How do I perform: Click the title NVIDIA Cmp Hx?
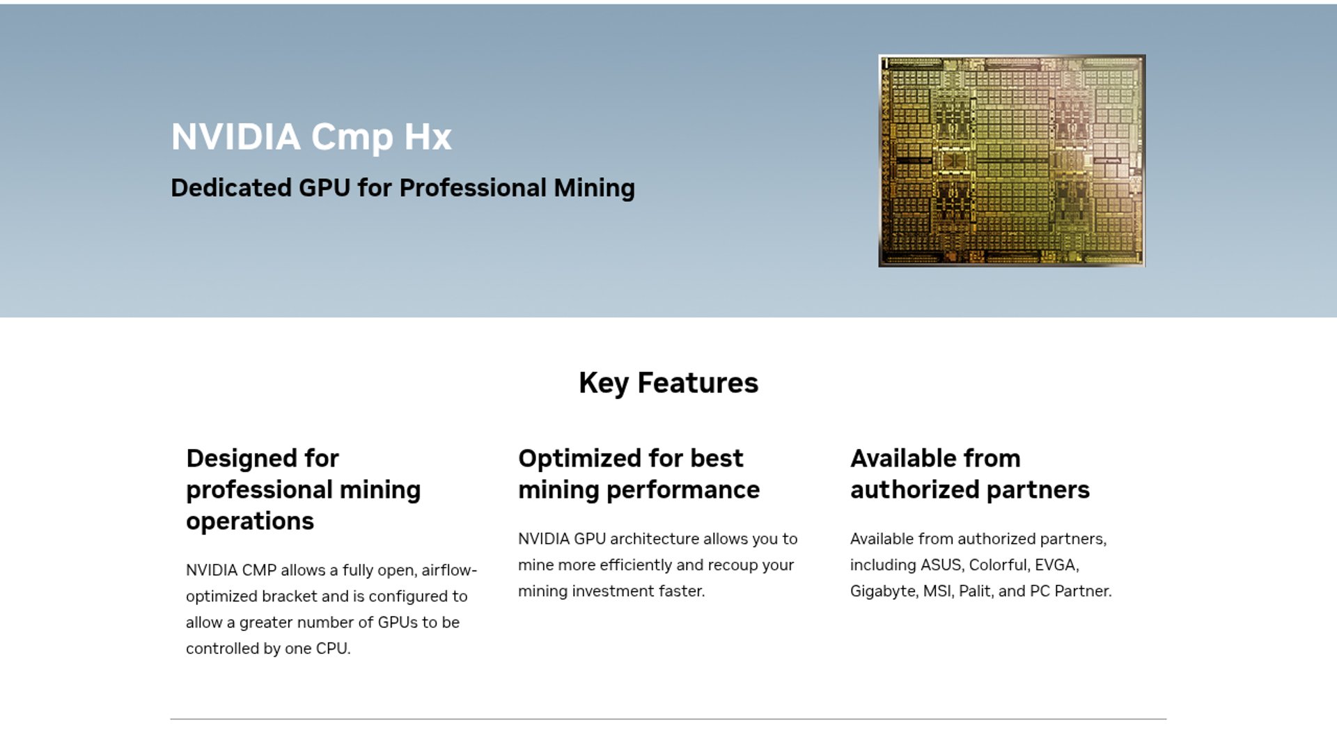[x=311, y=137]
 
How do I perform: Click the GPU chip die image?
[x=1012, y=161]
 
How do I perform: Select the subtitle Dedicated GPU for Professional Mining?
[x=402, y=188]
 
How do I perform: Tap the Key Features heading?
[x=668, y=383]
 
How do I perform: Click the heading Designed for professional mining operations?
[x=304, y=489]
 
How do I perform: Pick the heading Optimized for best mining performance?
[x=639, y=474]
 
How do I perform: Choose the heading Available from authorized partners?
[x=970, y=474]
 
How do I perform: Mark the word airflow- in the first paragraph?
[x=449, y=570]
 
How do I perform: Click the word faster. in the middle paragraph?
[x=682, y=591]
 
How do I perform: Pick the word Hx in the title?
[x=428, y=137]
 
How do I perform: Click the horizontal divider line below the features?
[x=668, y=719]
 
